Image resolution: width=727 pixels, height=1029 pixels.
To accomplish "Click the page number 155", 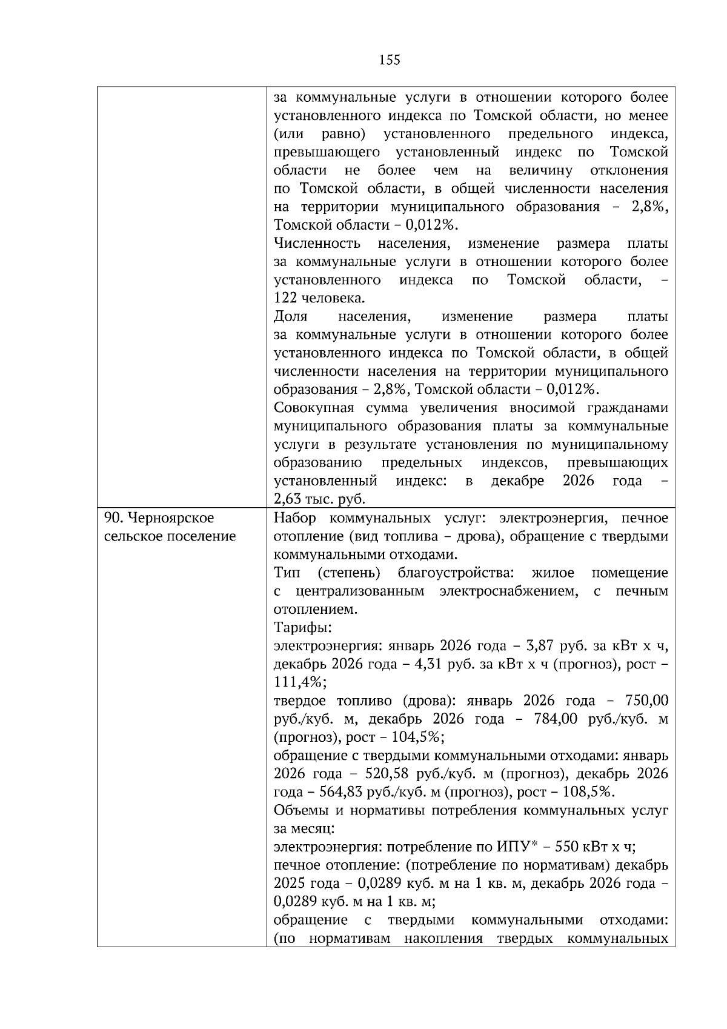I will pos(389,60).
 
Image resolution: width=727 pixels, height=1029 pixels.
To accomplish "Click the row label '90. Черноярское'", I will pos(159,518).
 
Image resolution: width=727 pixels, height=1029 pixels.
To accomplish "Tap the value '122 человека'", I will pos(319,298).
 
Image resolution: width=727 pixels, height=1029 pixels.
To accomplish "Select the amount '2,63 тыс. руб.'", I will pos(319,499).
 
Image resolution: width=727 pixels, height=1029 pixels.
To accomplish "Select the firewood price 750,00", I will pos(647,701).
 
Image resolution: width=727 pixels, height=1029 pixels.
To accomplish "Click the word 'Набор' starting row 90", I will pos(293,518).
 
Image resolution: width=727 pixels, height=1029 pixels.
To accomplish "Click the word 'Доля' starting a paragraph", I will pos(290,316).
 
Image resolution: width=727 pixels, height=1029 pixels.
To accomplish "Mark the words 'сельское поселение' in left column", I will pos(170,536).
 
